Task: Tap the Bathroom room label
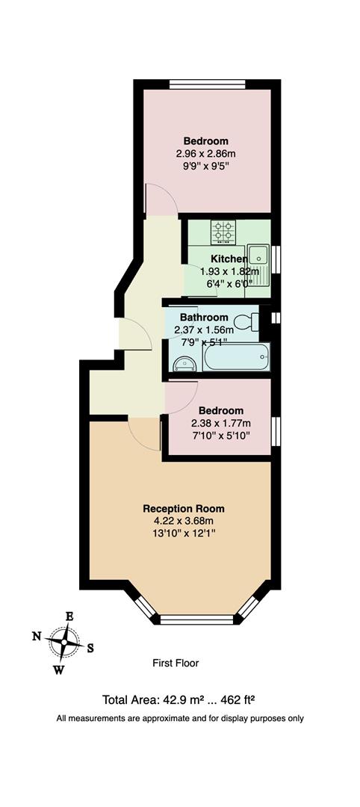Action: pos(202,317)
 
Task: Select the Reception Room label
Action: pos(183,508)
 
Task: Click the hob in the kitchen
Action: pos(223,232)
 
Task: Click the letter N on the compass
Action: pos(37,636)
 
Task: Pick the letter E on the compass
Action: pos(69,616)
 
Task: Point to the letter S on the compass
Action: pos(90,648)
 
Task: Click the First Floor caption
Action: pos(176,663)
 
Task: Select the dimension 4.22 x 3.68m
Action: pos(183,521)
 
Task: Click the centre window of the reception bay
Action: pos(197,619)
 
